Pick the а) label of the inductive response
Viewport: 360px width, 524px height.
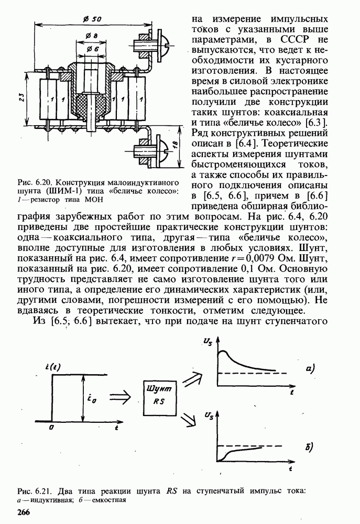(x=309, y=369)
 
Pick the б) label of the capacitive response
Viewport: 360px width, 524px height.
(x=309, y=447)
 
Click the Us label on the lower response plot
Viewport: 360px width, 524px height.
(x=209, y=416)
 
